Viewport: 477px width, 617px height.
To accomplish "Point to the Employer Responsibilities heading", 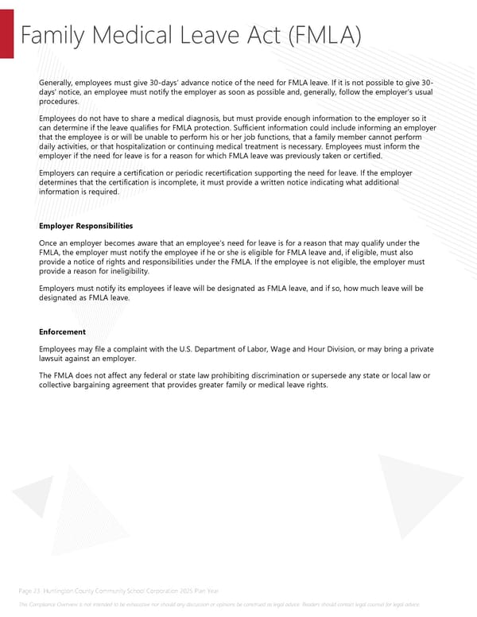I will [86, 227].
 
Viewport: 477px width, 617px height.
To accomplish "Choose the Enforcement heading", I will [62, 332].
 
